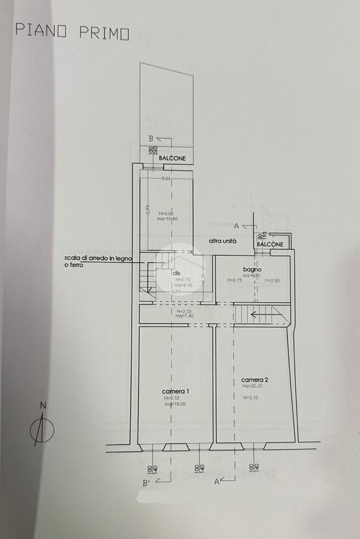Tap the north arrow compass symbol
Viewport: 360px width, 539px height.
point(42,430)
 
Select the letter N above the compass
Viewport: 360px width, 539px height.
point(44,405)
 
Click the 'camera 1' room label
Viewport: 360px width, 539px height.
point(176,391)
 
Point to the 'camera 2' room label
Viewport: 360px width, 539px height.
point(255,379)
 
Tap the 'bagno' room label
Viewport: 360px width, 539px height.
point(252,269)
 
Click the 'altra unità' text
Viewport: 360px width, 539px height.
point(222,241)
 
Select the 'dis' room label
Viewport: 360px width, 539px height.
point(177,273)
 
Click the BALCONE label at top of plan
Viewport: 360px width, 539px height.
point(172,159)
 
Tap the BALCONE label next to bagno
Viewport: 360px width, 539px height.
point(270,244)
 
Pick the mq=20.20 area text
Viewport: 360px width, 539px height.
point(252,386)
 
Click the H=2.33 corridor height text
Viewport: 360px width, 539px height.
point(184,311)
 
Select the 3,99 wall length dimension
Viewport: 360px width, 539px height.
point(148,210)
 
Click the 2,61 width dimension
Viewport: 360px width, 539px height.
point(167,179)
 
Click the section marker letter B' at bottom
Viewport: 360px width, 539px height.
point(145,482)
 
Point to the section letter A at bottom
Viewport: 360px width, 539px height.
point(217,482)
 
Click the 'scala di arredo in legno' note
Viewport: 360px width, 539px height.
point(99,258)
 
